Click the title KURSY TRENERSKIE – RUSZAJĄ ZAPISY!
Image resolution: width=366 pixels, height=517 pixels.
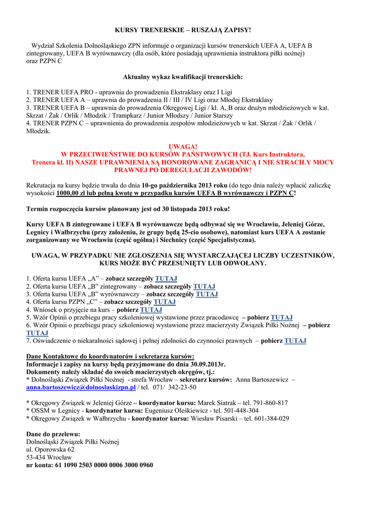coord(183,30)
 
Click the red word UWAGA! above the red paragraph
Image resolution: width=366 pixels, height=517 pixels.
coord(183,146)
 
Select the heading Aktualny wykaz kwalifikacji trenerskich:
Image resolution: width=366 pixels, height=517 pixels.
coord(183,77)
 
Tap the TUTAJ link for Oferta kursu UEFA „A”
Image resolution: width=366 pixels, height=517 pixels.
coord(166,278)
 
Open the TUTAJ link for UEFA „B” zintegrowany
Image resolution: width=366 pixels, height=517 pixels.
coord(204,286)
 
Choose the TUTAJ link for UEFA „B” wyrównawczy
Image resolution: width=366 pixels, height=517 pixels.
coord(206,294)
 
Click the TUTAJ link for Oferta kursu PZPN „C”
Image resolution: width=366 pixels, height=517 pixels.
coord(165,302)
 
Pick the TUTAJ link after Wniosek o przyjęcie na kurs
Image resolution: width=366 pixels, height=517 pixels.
coord(151,309)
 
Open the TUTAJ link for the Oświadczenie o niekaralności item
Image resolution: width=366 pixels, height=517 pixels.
coord(295,341)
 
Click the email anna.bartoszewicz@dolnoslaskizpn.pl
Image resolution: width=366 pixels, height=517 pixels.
coord(81,387)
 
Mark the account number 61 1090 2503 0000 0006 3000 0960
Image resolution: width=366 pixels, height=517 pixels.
coord(103,465)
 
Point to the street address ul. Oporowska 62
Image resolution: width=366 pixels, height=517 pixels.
coord(50,449)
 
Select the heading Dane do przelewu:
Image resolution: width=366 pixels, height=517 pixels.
coord(53,434)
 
